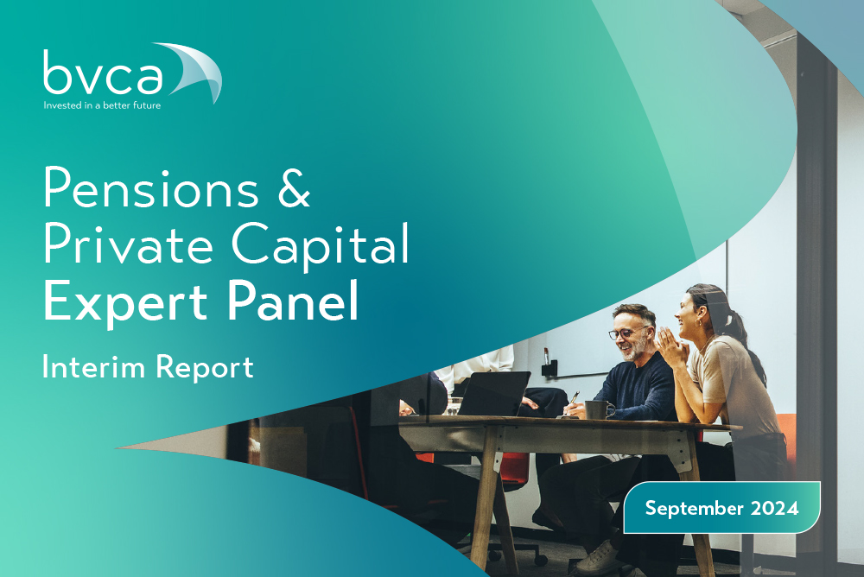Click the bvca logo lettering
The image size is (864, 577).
pos(103,73)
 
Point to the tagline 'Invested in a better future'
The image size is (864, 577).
pos(102,105)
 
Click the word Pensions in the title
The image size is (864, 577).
pos(150,187)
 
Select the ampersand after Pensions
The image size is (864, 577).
pos(295,187)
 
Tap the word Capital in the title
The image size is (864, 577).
pos(321,246)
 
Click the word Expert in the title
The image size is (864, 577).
pos(125,302)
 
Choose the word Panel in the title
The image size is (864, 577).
pos(293,300)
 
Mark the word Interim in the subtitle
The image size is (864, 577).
pos(93,366)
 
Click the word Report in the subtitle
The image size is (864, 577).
pos(205,368)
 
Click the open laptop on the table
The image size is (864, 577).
pos(493,393)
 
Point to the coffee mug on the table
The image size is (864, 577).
pos(599,410)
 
